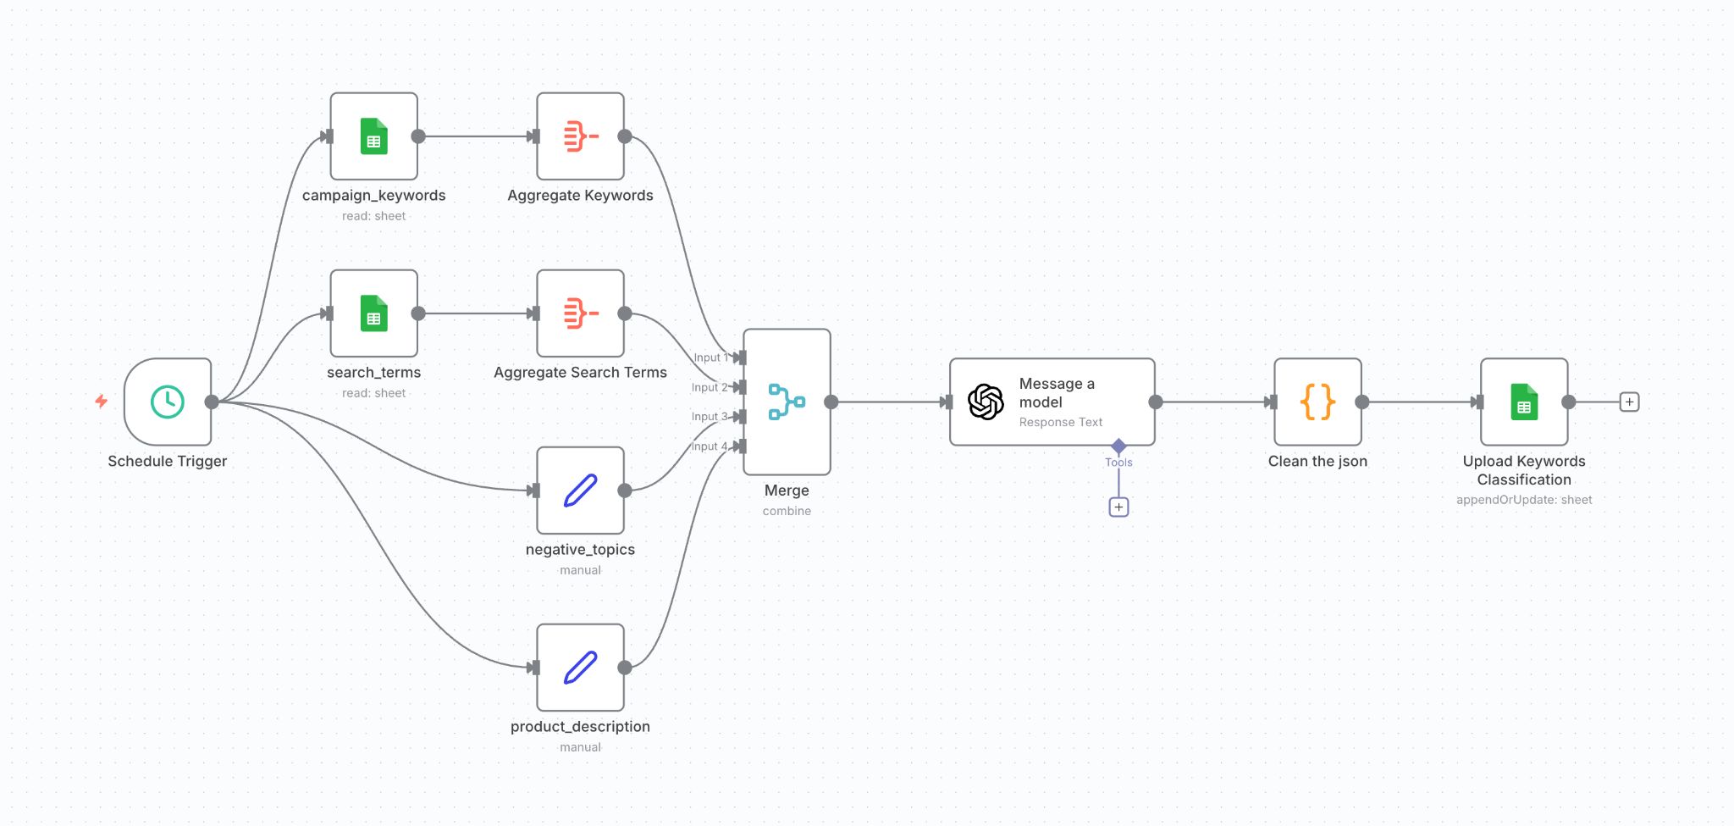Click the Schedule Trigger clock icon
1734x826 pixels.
coord(168,402)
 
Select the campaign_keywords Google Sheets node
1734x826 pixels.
coord(373,136)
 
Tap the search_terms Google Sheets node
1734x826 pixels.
coord(373,313)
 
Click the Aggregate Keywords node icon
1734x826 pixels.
coord(580,136)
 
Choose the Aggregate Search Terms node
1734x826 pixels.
coord(580,313)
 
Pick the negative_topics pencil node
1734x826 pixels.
coord(580,491)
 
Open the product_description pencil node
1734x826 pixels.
coord(580,668)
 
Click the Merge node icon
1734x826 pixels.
coord(787,402)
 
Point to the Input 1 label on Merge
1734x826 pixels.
coord(710,358)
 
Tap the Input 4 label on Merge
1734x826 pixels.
coord(709,446)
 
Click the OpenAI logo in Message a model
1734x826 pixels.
coord(986,402)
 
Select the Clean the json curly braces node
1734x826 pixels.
coord(1317,402)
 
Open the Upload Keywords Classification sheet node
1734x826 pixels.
coord(1524,402)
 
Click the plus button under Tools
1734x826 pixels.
coord(1118,507)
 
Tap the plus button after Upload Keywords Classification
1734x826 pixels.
coord(1629,402)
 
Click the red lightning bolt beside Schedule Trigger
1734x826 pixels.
coord(102,401)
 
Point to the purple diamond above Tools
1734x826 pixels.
coord(1118,446)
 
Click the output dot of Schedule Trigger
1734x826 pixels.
coord(212,402)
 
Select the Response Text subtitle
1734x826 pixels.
coord(1060,422)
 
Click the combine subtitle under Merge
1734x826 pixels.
coord(787,511)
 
